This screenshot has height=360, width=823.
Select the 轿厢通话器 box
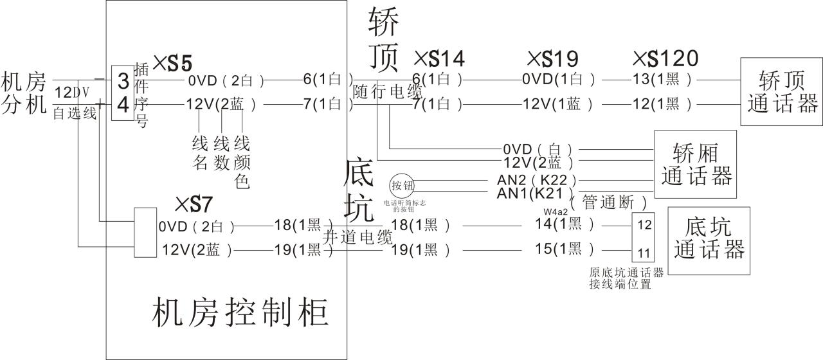point(696,164)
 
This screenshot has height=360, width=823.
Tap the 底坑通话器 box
point(709,239)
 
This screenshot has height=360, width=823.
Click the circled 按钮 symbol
point(402,186)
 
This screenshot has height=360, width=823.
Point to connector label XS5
point(172,64)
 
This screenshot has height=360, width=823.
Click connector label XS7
point(194,204)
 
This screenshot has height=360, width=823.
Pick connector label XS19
point(552,59)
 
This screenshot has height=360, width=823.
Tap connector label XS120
point(665,59)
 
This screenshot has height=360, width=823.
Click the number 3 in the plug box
point(123,82)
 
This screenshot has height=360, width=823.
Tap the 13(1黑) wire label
point(662,81)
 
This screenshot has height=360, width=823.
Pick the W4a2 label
point(557,211)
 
